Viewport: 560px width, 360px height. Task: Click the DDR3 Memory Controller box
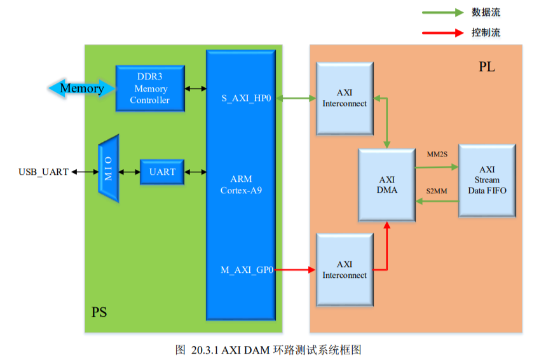[x=150, y=88]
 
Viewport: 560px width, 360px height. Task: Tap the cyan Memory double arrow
[x=77, y=88]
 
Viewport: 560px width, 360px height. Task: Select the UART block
[x=161, y=172]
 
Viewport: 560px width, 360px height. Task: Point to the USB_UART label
[x=43, y=172]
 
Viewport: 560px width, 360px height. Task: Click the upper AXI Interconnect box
[x=345, y=98]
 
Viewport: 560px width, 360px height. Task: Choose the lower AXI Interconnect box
[x=345, y=270]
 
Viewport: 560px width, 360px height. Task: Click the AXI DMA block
[x=386, y=184]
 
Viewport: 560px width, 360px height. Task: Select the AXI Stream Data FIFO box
[x=487, y=180]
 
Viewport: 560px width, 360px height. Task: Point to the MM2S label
[x=437, y=154]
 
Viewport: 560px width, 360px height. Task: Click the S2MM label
[x=437, y=190]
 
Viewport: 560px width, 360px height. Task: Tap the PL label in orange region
[x=487, y=67]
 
